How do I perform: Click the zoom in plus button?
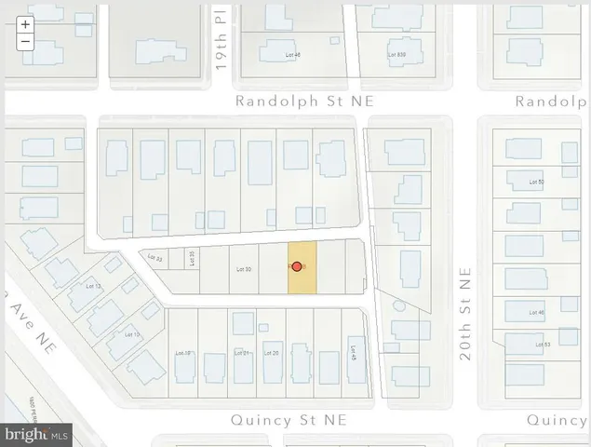[25, 25]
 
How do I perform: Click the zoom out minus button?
[25, 42]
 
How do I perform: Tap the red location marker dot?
[297, 266]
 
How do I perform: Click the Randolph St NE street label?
[302, 101]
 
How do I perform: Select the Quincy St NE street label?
[289, 421]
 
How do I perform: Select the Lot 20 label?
[272, 353]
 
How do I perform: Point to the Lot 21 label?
[243, 353]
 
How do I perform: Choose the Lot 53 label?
[543, 345]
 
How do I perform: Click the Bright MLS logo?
[37, 433]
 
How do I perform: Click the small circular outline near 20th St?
[398, 305]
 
